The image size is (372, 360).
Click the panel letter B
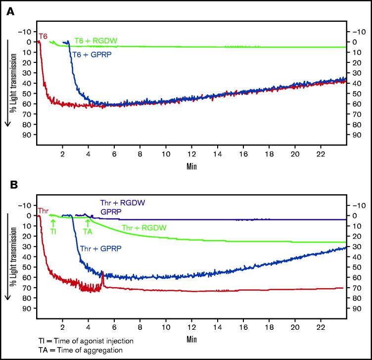(10, 186)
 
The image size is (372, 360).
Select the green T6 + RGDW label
(95, 41)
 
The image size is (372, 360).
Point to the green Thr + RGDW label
(144, 228)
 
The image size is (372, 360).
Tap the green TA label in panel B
(88, 231)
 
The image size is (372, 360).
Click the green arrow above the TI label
(53, 222)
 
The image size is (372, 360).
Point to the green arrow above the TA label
(88, 222)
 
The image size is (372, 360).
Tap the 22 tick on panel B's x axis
(321, 328)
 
